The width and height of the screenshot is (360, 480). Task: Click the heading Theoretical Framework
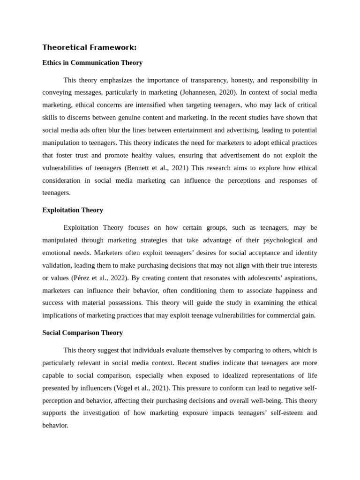(90, 47)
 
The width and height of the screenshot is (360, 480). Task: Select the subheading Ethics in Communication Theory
(92, 63)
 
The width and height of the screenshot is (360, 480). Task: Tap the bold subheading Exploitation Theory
(73, 210)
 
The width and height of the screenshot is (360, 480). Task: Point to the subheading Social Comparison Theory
(82, 333)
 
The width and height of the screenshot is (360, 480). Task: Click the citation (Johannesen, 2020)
(212, 93)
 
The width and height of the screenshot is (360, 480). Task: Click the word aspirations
(297, 278)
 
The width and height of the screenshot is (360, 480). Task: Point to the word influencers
(94, 388)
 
